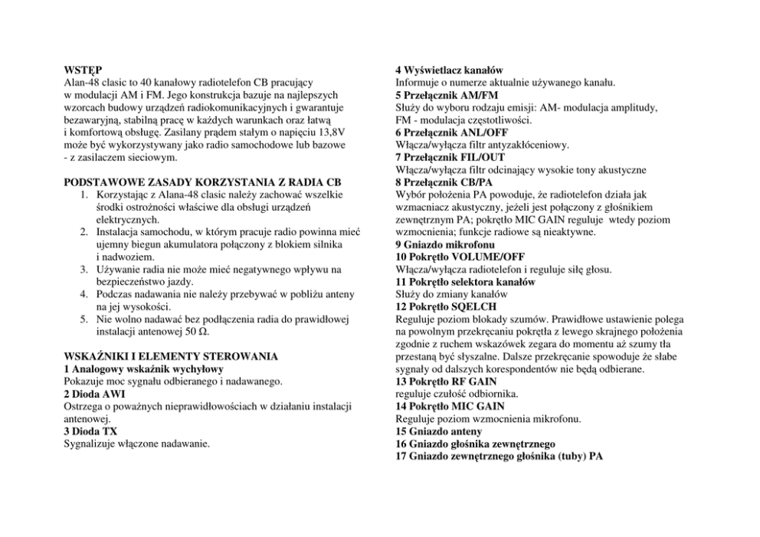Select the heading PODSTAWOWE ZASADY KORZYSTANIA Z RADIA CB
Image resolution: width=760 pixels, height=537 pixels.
(x=202, y=182)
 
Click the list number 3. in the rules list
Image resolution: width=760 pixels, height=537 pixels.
(x=86, y=270)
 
